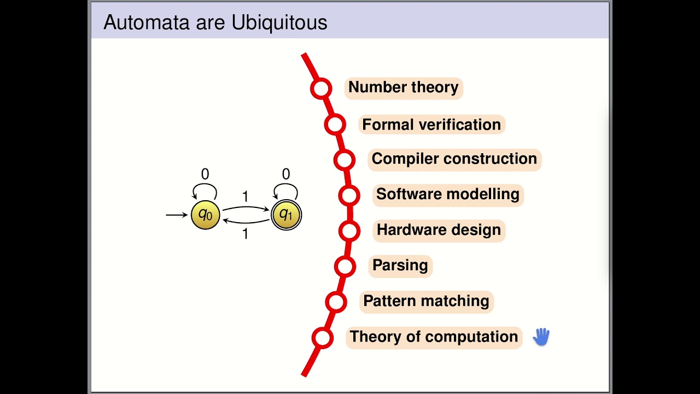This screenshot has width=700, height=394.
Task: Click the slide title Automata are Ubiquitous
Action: [215, 22]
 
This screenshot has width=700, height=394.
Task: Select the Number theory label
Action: [403, 88]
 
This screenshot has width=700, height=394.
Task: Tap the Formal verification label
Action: [431, 125]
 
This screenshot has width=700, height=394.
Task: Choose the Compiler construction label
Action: [454, 159]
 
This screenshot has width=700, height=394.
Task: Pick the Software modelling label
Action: [447, 194]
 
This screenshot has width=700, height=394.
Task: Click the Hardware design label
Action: [439, 230]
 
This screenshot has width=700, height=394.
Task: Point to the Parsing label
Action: [400, 265]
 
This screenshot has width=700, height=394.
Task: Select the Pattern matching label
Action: [426, 301]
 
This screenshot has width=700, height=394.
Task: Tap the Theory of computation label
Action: [434, 337]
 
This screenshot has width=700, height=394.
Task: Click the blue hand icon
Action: [541, 337]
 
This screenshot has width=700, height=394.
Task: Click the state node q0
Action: [205, 215]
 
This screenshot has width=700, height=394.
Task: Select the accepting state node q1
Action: [286, 215]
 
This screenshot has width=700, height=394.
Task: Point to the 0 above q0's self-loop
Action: [205, 175]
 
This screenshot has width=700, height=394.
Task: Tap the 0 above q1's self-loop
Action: [286, 175]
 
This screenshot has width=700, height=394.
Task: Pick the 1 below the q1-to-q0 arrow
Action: [245, 234]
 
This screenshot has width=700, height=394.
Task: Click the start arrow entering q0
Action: [177, 215]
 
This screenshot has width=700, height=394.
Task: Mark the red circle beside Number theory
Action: [321, 88]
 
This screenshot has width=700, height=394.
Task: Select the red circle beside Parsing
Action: [345, 266]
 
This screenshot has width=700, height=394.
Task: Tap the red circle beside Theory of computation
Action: [323, 338]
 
